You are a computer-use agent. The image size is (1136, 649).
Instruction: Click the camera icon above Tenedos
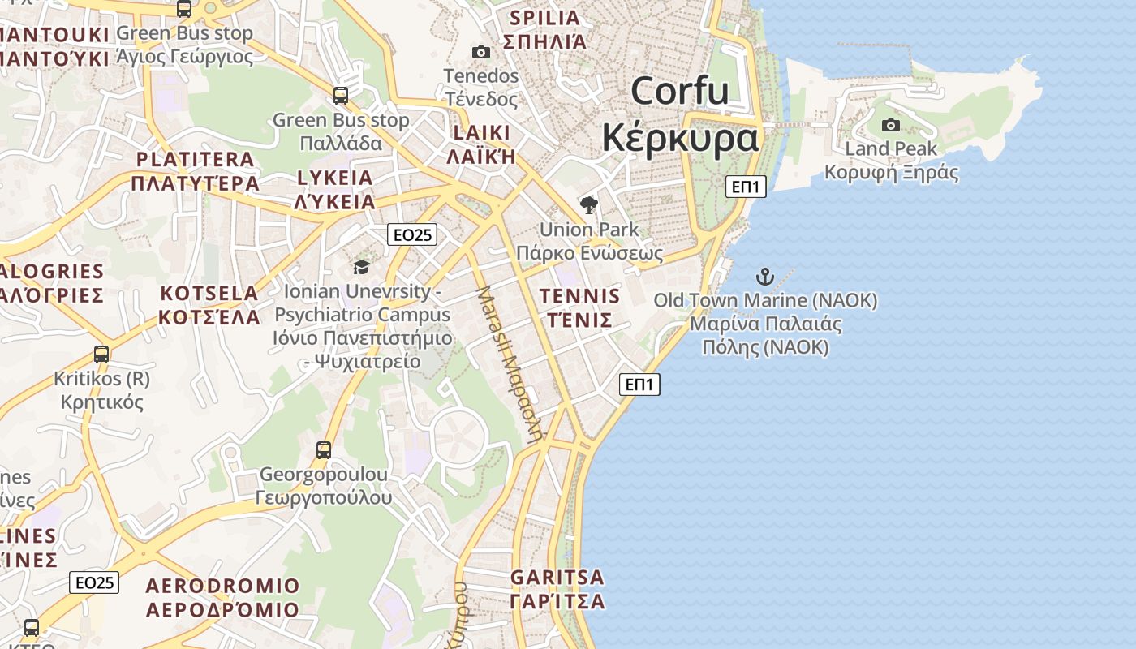coord(480,53)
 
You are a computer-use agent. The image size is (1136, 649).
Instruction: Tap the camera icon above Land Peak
coord(891,125)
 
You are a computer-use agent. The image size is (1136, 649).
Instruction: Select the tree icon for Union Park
coord(589,204)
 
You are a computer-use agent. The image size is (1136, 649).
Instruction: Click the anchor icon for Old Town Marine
coord(765,277)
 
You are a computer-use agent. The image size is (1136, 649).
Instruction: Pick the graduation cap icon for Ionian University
coord(361,267)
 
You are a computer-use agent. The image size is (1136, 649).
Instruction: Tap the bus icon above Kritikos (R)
coord(101,355)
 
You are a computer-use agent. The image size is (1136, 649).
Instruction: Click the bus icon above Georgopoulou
coord(324,449)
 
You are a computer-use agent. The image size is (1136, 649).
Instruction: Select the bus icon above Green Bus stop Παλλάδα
coord(341,96)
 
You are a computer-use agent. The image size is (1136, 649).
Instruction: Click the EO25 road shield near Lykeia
coord(412,235)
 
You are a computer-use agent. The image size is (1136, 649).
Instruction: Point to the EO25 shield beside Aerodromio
coord(94,582)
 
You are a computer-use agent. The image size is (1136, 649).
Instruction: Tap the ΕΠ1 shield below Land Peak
coord(745,187)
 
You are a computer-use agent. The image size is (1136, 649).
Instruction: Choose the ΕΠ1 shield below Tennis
coord(639,385)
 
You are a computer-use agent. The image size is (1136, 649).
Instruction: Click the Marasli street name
coord(509,360)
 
